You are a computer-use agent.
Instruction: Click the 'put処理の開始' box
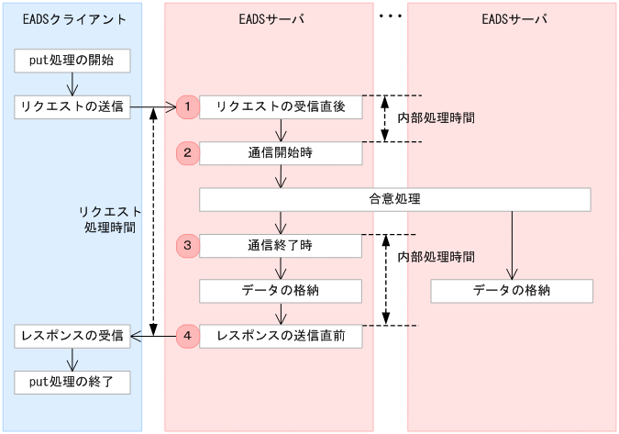pyautogui.click(x=72, y=61)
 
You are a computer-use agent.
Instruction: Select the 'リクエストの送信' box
pyautogui.click(x=72, y=107)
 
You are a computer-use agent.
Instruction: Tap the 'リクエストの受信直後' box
pyautogui.click(x=280, y=107)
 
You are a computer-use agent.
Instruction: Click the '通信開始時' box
pyautogui.click(x=280, y=153)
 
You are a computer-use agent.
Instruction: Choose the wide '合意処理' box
pyautogui.click(x=394, y=199)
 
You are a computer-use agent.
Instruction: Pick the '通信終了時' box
pyautogui.click(x=280, y=245)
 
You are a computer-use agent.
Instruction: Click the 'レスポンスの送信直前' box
pyautogui.click(x=280, y=337)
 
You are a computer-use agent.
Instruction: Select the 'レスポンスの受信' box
pyautogui.click(x=72, y=337)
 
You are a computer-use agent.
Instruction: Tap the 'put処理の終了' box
pyautogui.click(x=72, y=382)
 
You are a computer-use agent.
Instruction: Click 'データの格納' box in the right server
pyautogui.click(x=512, y=291)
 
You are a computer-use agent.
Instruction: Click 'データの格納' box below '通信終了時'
pyautogui.click(x=280, y=291)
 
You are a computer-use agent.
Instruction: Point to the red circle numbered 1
pyautogui.click(x=187, y=107)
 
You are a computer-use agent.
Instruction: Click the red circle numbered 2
pyautogui.click(x=187, y=153)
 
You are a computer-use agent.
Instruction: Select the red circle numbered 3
pyautogui.click(x=187, y=245)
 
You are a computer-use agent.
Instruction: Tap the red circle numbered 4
pyautogui.click(x=187, y=337)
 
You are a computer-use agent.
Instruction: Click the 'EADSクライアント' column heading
pyautogui.click(x=72, y=19)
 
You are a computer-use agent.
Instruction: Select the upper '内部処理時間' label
pyautogui.click(x=436, y=118)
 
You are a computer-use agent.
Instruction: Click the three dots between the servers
pyautogui.click(x=390, y=16)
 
